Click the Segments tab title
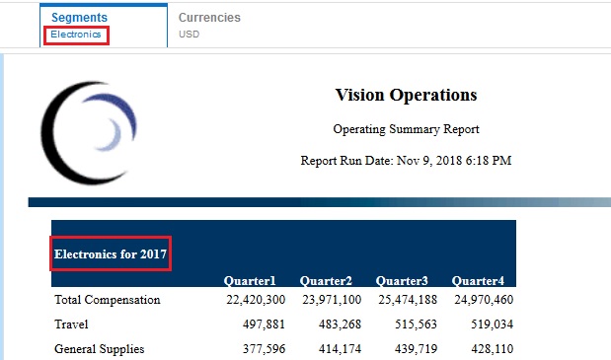point(79,18)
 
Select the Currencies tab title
point(209,18)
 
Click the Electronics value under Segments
point(76,35)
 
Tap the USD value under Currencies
point(189,35)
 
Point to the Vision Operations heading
point(406,96)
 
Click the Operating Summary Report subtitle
point(406,129)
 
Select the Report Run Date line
point(406,160)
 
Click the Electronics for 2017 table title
point(111,254)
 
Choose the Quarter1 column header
point(250,280)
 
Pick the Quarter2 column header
point(326,280)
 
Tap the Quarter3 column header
point(402,280)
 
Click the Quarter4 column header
point(478,280)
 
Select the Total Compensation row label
point(107,300)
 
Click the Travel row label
point(72,324)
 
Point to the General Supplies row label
point(99,348)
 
